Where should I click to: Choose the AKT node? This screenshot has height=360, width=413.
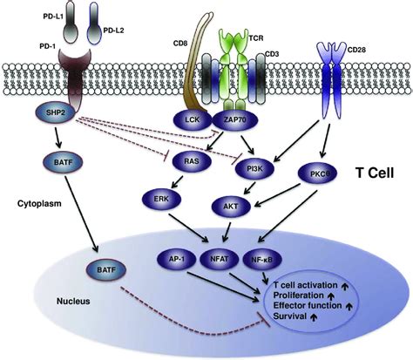pos(229,206)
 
